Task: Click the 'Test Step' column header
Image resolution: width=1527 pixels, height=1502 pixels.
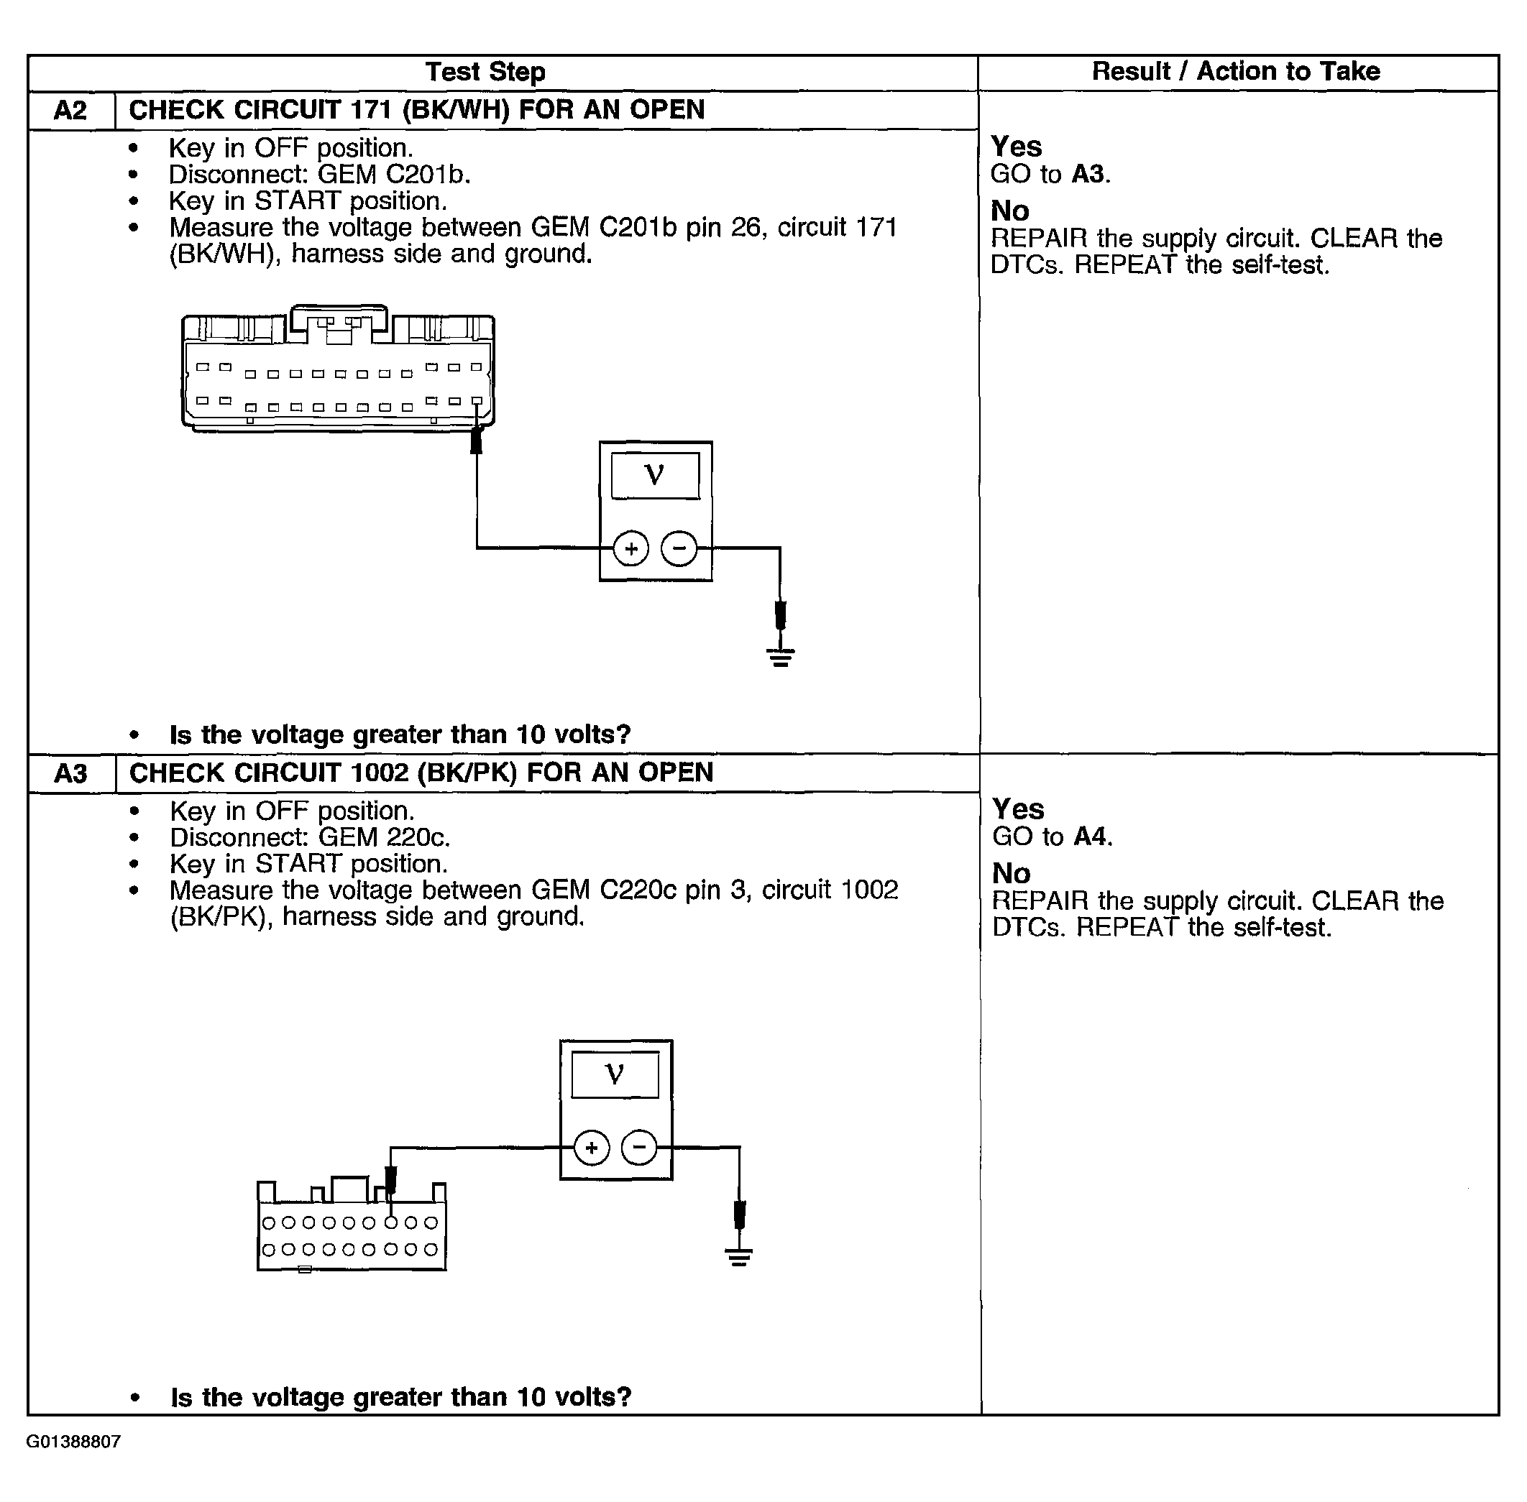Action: coord(485,72)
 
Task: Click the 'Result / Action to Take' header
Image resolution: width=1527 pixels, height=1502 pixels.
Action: coord(1235,71)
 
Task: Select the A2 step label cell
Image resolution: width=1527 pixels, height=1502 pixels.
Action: coord(70,110)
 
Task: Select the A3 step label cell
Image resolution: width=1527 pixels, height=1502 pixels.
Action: coord(70,773)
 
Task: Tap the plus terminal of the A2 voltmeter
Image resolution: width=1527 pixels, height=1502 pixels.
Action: coord(630,548)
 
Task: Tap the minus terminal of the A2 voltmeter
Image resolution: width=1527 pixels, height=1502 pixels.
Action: coord(679,548)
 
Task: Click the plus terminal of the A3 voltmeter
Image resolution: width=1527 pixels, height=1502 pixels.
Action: coord(591,1147)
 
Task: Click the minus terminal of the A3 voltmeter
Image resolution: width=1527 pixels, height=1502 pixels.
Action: coord(639,1147)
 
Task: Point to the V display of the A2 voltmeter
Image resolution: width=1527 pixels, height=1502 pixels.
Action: coord(655,475)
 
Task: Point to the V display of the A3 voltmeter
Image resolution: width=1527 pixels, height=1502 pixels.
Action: coord(615,1074)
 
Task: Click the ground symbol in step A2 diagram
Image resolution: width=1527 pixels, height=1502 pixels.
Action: coord(781,655)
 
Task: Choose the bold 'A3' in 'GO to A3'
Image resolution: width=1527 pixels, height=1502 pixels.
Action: coord(1089,173)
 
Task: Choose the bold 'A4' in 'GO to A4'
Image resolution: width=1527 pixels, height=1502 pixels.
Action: coord(1091,837)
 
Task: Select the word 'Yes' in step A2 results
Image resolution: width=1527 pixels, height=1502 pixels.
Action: coord(1016,147)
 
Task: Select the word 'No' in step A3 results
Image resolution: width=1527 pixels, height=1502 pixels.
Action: coord(1011,873)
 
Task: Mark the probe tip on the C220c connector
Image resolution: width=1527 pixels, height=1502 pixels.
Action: coord(390,1181)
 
